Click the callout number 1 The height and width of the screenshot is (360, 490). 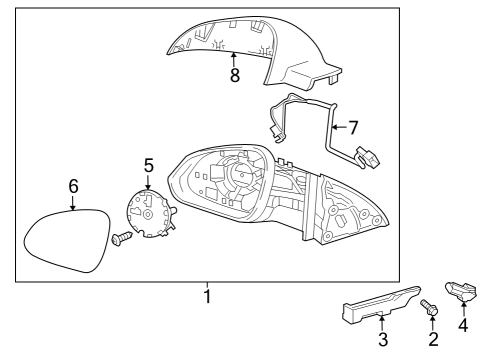coord(207,296)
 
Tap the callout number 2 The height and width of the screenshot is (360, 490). coord(433,340)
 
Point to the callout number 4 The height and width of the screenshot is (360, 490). coord(463,325)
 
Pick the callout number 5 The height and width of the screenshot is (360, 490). coord(148,164)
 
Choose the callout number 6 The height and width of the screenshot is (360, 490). coord(73,186)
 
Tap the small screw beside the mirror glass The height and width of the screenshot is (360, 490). coord(119,239)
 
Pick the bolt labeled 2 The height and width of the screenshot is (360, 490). coord(430,311)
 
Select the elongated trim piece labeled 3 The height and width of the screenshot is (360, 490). coord(375,310)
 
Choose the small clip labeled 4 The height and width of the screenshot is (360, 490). coord(461,292)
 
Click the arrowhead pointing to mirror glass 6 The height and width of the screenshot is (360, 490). coord(73,207)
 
